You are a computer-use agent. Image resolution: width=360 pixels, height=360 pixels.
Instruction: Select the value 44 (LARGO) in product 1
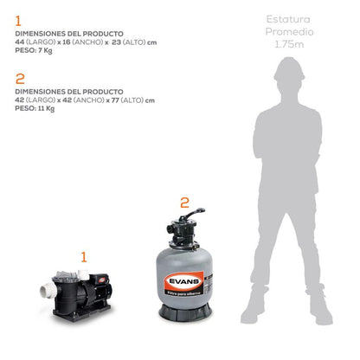(35, 42)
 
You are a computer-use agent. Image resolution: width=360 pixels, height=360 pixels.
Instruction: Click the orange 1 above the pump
(84, 256)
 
